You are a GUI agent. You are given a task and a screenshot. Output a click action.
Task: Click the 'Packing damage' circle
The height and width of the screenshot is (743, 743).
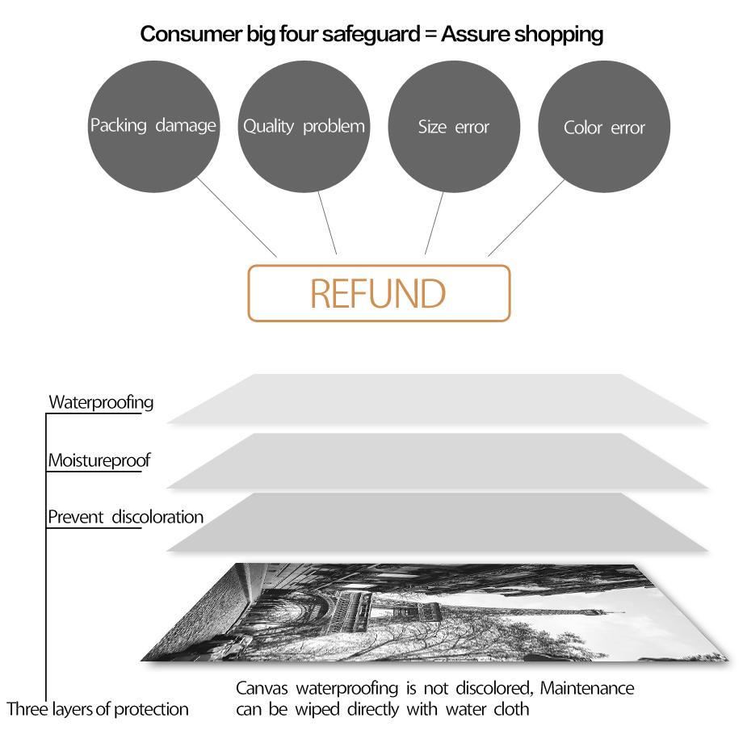click(x=153, y=126)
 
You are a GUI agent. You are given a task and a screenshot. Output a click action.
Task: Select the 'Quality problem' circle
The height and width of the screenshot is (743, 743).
click(x=304, y=126)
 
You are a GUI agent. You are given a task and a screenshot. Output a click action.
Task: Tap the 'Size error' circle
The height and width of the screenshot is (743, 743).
click(x=454, y=127)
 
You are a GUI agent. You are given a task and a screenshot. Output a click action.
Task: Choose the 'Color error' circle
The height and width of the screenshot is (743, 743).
click(x=604, y=128)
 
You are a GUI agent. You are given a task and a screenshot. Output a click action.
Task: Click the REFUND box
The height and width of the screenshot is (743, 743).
click(x=378, y=293)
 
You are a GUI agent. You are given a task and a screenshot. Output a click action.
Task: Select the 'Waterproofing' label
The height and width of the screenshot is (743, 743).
click(x=101, y=401)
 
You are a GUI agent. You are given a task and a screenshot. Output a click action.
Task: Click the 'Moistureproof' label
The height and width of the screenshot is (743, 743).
click(x=99, y=461)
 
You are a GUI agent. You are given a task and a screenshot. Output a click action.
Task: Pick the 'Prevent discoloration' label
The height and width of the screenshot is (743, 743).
click(x=125, y=517)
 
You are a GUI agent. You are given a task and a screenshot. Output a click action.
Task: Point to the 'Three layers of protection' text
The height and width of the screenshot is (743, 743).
click(x=98, y=709)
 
